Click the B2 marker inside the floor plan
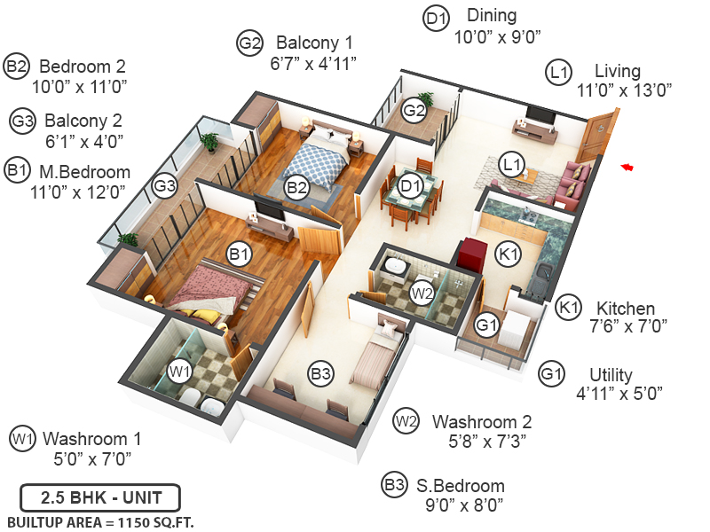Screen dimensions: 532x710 pos(296,187)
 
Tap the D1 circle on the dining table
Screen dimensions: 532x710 pos(409,187)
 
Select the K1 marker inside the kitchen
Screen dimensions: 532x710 pos(507,254)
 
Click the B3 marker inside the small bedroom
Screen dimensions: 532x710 pos(321,374)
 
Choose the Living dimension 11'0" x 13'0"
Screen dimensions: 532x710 pos(624,89)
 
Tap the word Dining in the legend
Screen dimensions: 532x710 pos(491,16)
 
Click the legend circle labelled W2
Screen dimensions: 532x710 pos(406,420)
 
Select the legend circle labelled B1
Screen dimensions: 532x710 pos(17,169)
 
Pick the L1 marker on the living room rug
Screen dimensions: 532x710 pos(512,164)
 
